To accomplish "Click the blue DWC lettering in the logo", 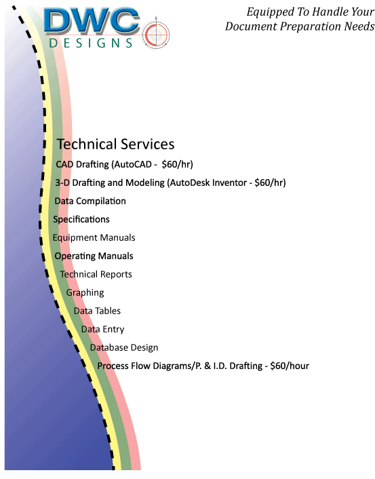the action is click(x=92, y=20).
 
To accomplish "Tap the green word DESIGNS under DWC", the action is click(x=91, y=43).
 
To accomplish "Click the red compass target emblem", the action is click(x=156, y=33).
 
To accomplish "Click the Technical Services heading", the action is click(x=115, y=145).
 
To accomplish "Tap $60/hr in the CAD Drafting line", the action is click(x=178, y=164).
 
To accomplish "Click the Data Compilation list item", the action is click(x=90, y=201).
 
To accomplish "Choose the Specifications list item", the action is click(x=81, y=219).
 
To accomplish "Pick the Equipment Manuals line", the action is click(x=94, y=237).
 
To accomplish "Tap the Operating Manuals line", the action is click(x=94, y=256).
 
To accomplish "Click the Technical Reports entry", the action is click(x=96, y=274).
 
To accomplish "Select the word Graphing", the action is click(x=85, y=292).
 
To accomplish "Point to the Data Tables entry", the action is click(x=97, y=311).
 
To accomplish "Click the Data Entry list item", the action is click(x=102, y=329).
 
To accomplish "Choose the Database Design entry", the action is click(x=124, y=347).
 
